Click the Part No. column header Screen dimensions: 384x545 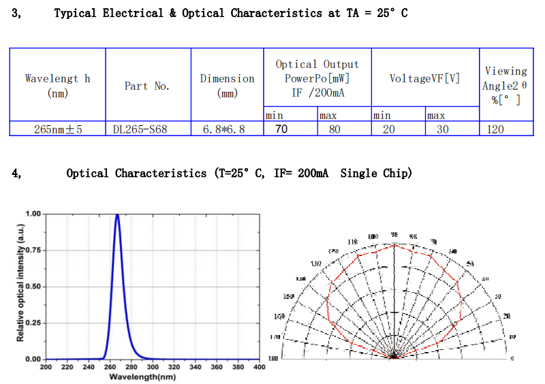[x=147, y=86]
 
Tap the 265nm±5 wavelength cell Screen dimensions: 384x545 [x=58, y=129]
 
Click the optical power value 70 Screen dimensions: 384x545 [x=281, y=129]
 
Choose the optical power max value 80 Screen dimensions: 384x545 [x=334, y=129]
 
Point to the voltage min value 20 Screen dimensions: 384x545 [x=388, y=129]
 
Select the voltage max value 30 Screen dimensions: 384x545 [x=443, y=129]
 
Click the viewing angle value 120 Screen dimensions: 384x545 [x=495, y=129]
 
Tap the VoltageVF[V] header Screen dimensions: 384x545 [x=425, y=78]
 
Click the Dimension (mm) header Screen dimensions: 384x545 [x=227, y=86]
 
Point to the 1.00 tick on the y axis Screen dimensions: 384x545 [x=33, y=214]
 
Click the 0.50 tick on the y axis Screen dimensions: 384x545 [x=33, y=286]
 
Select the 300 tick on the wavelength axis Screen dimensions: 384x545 [x=153, y=368]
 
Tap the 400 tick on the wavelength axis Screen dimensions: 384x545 [x=259, y=368]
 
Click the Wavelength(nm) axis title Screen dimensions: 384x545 [x=152, y=377]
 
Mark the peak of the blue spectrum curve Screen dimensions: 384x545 [x=117, y=215]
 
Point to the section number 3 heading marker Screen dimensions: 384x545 [x=16, y=13]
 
